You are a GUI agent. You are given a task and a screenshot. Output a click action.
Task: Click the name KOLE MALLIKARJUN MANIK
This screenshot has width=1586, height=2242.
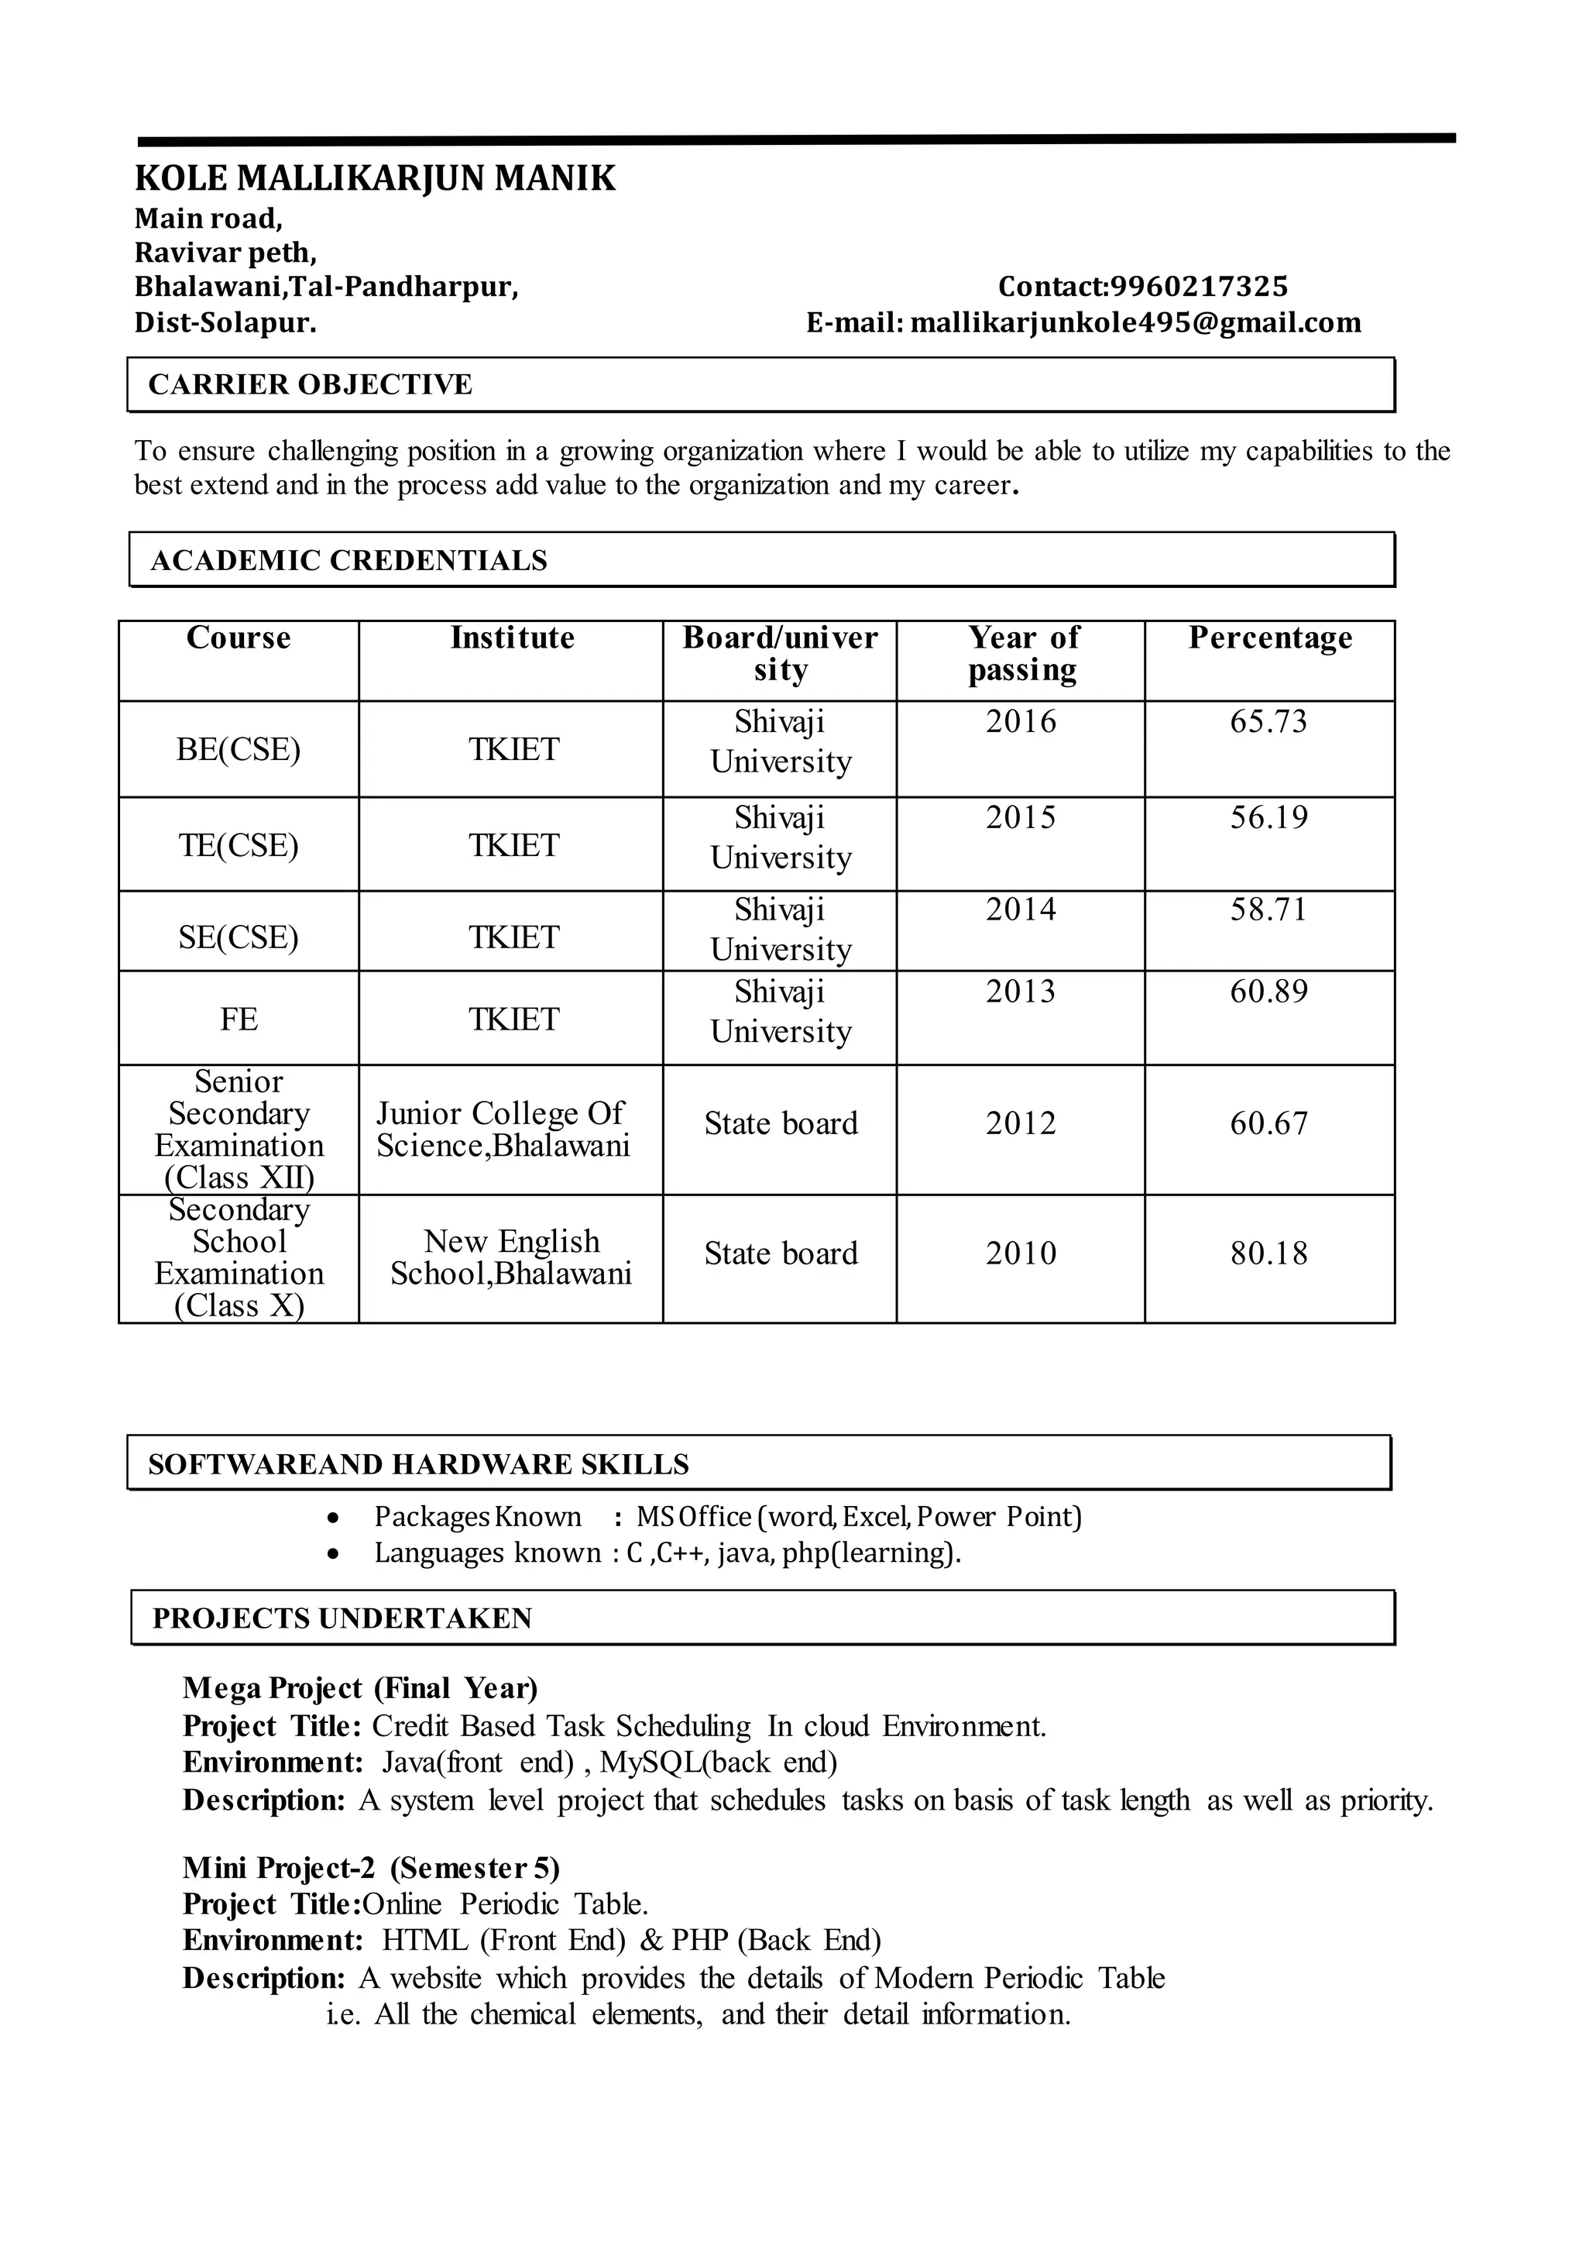tap(375, 179)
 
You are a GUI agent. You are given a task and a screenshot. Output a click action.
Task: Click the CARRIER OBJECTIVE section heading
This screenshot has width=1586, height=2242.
tap(310, 385)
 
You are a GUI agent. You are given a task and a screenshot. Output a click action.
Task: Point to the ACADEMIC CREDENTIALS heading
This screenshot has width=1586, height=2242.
tap(348, 561)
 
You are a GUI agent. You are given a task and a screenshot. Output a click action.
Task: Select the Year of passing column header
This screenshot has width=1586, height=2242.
tap(1021, 654)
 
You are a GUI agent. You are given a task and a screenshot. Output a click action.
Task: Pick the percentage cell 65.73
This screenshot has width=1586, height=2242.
tap(1268, 722)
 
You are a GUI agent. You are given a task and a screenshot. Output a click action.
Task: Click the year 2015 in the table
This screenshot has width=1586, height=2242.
tap(1021, 817)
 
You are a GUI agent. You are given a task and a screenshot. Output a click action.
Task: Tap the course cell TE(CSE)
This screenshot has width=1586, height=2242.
tap(239, 845)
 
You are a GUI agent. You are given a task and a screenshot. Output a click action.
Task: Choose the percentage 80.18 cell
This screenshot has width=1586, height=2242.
tap(1268, 1253)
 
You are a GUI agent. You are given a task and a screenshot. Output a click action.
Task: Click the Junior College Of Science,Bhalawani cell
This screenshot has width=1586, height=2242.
tap(502, 1130)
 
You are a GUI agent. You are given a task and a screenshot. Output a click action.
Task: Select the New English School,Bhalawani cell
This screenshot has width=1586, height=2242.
tap(511, 1257)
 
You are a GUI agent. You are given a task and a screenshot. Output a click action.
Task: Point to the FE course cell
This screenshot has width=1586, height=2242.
tap(239, 1020)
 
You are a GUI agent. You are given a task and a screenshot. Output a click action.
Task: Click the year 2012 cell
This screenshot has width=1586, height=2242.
tap(1021, 1123)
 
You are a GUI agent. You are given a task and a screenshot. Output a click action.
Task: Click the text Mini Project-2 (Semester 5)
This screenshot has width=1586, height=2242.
tap(371, 1868)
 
